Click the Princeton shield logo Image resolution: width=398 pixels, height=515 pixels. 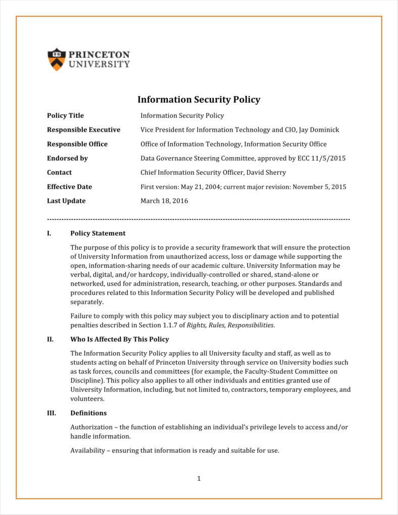[x=57, y=59]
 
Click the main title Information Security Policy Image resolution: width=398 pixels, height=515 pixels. [x=198, y=100]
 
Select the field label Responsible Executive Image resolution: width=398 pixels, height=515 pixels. [x=83, y=130]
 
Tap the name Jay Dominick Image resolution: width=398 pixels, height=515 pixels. [x=319, y=130]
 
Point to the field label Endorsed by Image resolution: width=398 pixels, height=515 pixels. [x=67, y=158]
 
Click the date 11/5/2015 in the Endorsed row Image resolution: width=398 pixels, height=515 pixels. [x=329, y=158]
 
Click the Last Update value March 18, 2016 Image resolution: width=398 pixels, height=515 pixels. [x=164, y=201]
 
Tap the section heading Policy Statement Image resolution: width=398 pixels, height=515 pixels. [x=97, y=233]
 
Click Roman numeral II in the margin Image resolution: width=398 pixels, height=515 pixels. [x=50, y=339]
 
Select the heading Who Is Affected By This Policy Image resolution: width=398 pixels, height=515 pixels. [x=119, y=339]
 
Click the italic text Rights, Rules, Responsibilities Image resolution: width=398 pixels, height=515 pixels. [x=230, y=325]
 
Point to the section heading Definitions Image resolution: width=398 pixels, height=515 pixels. [x=88, y=413]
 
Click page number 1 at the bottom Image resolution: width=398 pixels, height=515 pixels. [x=199, y=479]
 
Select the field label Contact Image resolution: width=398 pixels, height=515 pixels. [x=59, y=172]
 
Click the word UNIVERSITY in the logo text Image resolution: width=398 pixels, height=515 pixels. [x=99, y=64]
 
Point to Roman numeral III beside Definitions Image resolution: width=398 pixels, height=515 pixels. [x=51, y=413]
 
